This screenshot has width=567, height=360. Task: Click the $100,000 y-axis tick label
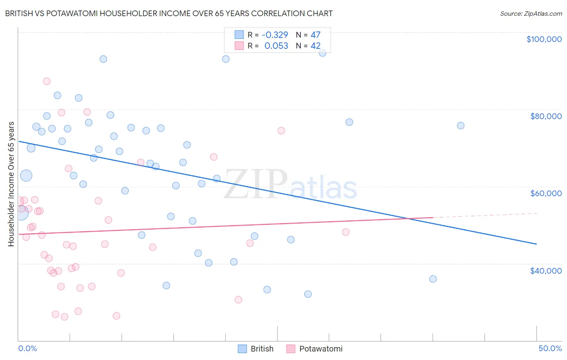pyautogui.click(x=544, y=39)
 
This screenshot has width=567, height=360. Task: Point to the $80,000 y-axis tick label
pyautogui.click(x=546, y=116)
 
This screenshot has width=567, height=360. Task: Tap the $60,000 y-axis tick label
pyautogui.click(x=546, y=193)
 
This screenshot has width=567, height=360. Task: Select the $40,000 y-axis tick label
pyautogui.click(x=546, y=270)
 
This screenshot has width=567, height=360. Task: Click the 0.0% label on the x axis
pyautogui.click(x=27, y=348)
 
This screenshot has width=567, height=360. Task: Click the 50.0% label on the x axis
pyautogui.click(x=550, y=348)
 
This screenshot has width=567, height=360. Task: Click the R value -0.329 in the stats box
pyautogui.click(x=275, y=35)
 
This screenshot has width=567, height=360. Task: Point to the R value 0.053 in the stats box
pyautogui.click(x=276, y=46)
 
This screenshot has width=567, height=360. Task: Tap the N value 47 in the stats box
pyautogui.click(x=315, y=35)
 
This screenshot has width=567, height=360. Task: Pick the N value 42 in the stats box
pyautogui.click(x=315, y=46)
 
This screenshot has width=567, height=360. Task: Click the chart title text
pyautogui.click(x=169, y=13)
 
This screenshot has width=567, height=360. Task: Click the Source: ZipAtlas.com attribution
pyautogui.click(x=531, y=13)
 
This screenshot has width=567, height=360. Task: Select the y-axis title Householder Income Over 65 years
pyautogui.click(x=11, y=184)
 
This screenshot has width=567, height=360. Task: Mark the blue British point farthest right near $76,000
pyautogui.click(x=461, y=126)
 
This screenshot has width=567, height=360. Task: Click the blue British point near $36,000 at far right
pyautogui.click(x=433, y=279)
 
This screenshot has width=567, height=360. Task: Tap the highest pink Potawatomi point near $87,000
pyautogui.click(x=47, y=81)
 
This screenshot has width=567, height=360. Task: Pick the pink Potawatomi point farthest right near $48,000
pyautogui.click(x=346, y=232)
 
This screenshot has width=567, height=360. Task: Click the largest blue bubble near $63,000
pyautogui.click(x=26, y=176)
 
